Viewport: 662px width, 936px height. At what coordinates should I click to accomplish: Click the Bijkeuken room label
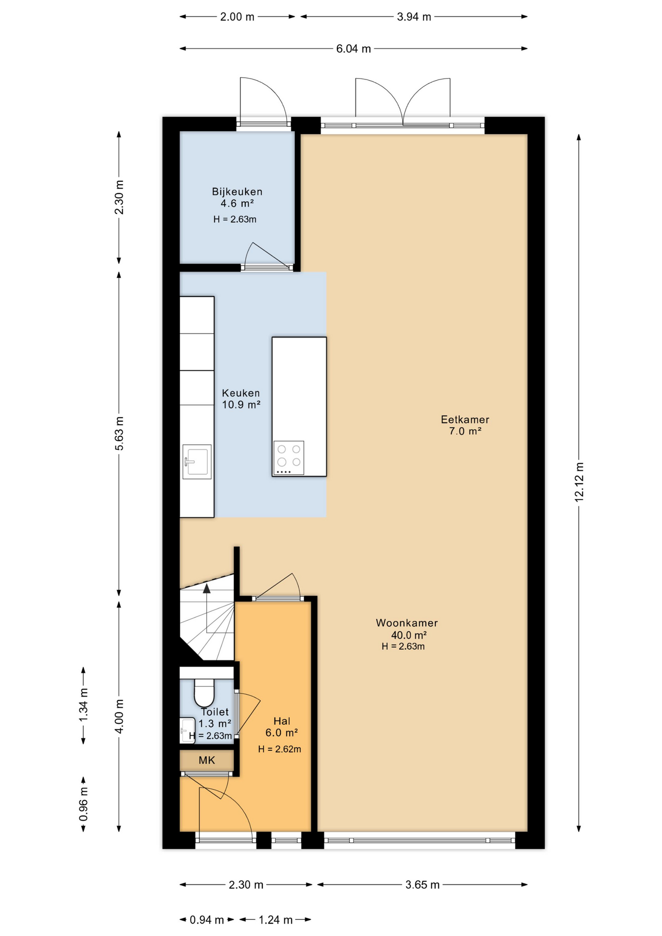237,192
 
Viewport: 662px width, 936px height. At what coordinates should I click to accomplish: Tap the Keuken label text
241,393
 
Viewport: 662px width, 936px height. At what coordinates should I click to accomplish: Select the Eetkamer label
465,419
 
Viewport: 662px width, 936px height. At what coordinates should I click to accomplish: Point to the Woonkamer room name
407,623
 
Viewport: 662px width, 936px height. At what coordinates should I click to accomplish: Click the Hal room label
282,721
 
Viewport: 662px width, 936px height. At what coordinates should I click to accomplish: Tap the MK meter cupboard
207,760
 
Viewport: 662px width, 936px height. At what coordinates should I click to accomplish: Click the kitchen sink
197,461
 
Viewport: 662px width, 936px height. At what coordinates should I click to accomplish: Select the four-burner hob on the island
289,458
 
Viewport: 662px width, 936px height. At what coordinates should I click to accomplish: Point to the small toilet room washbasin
188,730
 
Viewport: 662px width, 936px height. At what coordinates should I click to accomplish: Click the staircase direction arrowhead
207,588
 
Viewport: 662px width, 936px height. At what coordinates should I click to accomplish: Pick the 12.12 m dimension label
579,482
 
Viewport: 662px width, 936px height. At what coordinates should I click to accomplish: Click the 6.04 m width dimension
353,49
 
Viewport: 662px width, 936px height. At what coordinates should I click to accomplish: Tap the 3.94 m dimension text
414,17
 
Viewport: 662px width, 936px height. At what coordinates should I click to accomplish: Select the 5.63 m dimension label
119,433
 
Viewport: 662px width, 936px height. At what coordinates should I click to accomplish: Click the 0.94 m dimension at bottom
207,920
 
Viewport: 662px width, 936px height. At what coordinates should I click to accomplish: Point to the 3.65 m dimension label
422,885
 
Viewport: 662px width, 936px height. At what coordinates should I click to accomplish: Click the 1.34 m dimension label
83,705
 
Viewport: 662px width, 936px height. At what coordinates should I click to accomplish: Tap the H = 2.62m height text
279,749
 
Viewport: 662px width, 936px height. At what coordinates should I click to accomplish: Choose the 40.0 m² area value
409,635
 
